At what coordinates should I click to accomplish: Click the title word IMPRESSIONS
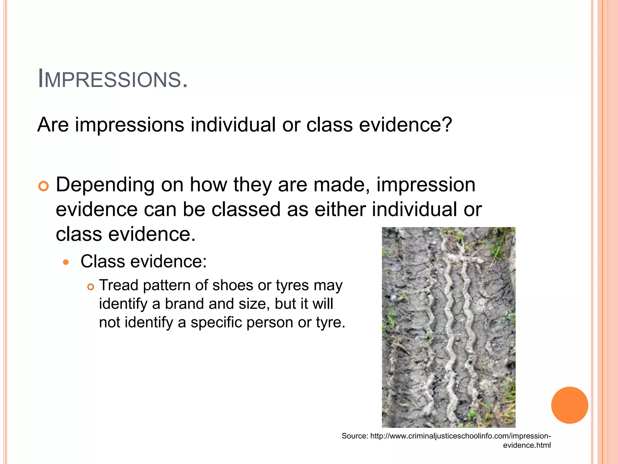click(x=113, y=79)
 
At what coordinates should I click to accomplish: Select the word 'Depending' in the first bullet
click(x=105, y=185)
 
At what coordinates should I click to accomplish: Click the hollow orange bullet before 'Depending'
click(x=44, y=186)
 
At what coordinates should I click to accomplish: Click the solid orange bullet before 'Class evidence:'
click(x=66, y=262)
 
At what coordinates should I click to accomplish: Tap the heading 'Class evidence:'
click(x=144, y=261)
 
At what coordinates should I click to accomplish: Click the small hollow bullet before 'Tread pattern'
click(x=91, y=287)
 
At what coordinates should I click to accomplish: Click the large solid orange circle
click(x=569, y=405)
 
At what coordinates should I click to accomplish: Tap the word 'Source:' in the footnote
click(x=355, y=436)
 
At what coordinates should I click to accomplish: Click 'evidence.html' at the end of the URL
click(x=527, y=445)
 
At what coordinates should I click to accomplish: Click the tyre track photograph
click(x=448, y=327)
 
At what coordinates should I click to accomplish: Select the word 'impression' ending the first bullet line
click(x=426, y=185)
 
